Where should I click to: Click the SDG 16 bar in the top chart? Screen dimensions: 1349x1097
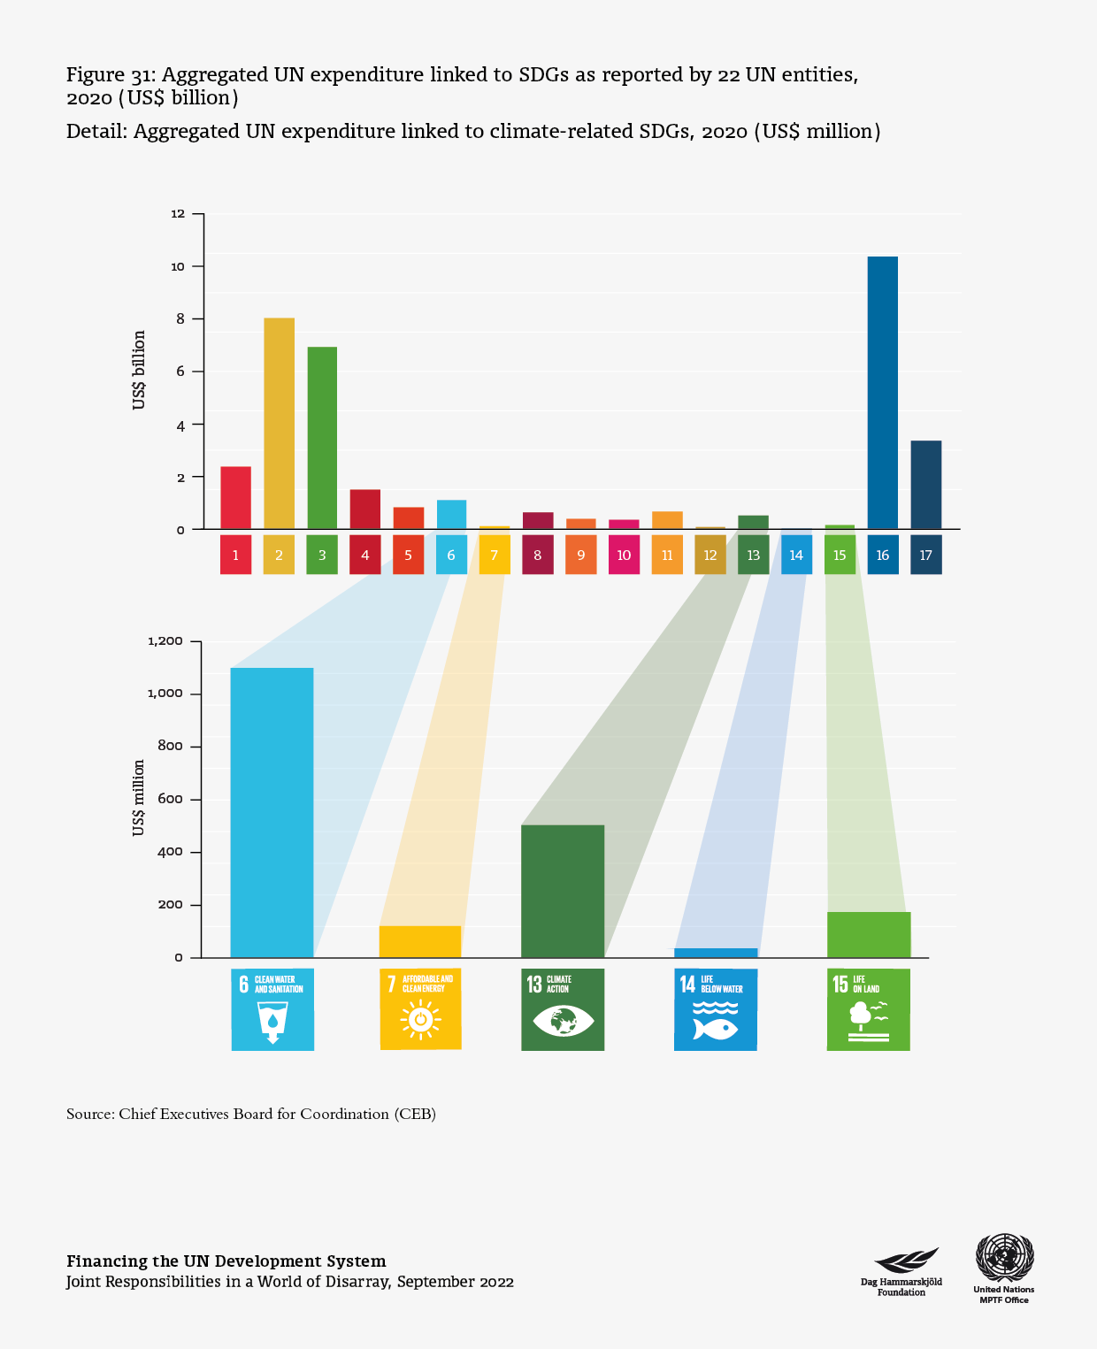pyautogui.click(x=882, y=393)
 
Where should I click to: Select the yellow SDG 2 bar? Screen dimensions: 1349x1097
pyautogui.click(x=279, y=424)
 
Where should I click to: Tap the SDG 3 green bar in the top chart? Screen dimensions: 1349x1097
pyautogui.click(x=322, y=438)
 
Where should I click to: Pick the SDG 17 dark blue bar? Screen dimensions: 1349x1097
pyautogui.click(x=925, y=485)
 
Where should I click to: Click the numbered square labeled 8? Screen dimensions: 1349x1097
pyautogui.click(x=537, y=555)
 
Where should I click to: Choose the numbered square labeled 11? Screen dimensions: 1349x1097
pyautogui.click(x=667, y=555)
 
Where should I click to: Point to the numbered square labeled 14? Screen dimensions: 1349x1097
pyautogui.click(x=796, y=555)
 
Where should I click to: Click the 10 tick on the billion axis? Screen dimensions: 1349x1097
pyautogui.click(x=178, y=266)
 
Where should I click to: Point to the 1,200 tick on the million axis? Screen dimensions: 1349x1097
pyautogui.click(x=165, y=640)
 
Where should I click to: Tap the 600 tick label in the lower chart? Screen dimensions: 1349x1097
pyautogui.click(x=171, y=799)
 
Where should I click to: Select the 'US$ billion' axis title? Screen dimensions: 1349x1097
pyautogui.click(x=139, y=370)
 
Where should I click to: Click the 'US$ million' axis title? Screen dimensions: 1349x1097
pyautogui.click(x=139, y=797)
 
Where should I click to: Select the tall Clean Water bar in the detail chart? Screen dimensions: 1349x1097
pyautogui.click(x=272, y=812)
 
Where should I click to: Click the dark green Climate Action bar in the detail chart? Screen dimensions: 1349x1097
pyautogui.click(x=563, y=891)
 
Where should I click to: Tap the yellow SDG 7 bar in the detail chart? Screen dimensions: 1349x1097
pyautogui.click(x=420, y=941)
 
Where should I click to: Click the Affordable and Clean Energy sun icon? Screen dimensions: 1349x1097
pyautogui.click(x=420, y=1020)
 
